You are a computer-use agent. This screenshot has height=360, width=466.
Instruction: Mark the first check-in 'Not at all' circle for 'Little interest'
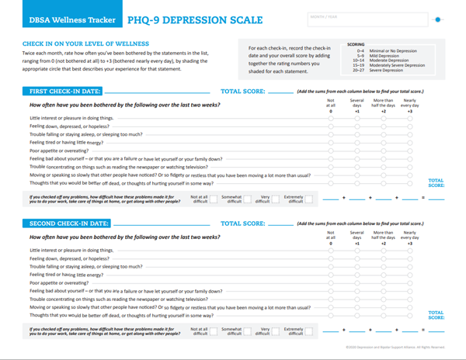coord(331,119)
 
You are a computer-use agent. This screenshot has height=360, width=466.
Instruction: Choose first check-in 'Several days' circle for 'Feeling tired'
coord(357,143)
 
